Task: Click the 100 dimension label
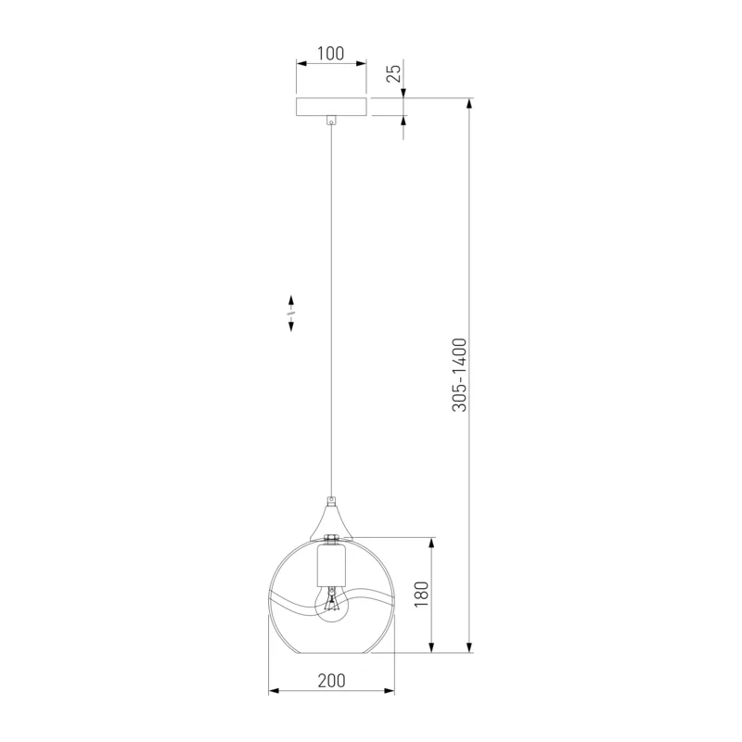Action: pyautogui.click(x=330, y=54)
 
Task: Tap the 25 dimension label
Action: pyautogui.click(x=393, y=73)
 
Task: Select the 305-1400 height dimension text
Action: pyautogui.click(x=459, y=375)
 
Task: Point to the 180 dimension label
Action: pyautogui.click(x=421, y=595)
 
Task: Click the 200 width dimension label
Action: pyautogui.click(x=331, y=681)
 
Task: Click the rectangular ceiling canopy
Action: pyautogui.click(x=331, y=107)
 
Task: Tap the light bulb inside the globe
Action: pyautogui.click(x=331, y=604)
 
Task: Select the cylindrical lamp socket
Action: pyautogui.click(x=331, y=565)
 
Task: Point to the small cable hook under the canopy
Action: pyautogui.click(x=331, y=121)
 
